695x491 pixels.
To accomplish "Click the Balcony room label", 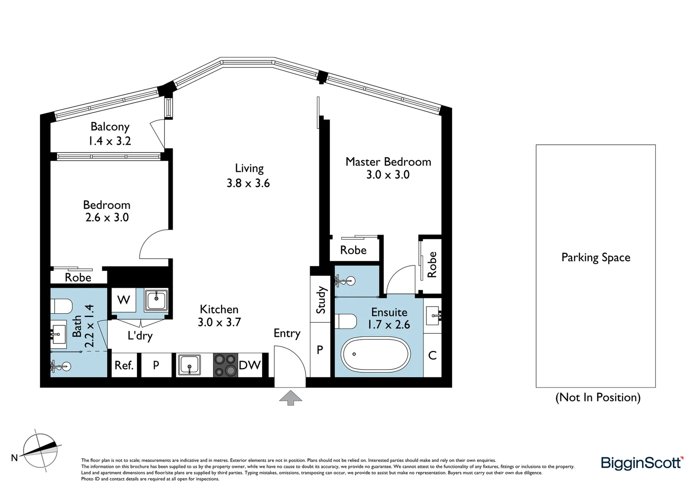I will point(110,127).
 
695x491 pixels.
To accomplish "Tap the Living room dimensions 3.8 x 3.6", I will point(248,183).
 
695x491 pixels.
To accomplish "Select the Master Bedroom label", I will point(388,162).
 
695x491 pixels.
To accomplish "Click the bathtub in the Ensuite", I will point(376,355).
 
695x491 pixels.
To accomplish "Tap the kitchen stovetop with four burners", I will point(226,365).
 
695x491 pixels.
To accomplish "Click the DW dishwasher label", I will point(250,365).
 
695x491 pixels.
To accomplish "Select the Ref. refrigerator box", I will point(124,366).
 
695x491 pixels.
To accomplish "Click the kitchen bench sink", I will point(189,365).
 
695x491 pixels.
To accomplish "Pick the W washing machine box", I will point(123,300).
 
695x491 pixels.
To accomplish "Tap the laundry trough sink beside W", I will point(156,300).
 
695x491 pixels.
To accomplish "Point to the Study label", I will point(321,300).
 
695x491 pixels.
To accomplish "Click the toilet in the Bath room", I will point(61,306).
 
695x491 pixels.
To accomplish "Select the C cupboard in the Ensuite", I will point(432,355).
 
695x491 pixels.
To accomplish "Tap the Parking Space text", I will point(595,258).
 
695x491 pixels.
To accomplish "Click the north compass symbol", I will point(40,450).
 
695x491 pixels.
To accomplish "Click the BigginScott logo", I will point(642,463).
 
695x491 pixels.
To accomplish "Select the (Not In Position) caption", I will point(598,397).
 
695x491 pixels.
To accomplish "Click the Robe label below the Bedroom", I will point(78,277).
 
